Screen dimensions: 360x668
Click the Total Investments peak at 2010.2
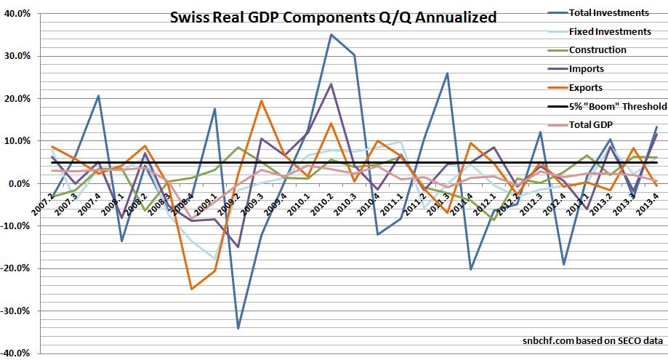coord(331,34)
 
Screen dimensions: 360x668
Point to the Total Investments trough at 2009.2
coord(238,329)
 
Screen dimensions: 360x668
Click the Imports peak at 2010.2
coord(331,84)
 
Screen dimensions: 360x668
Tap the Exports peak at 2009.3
coord(261,100)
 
